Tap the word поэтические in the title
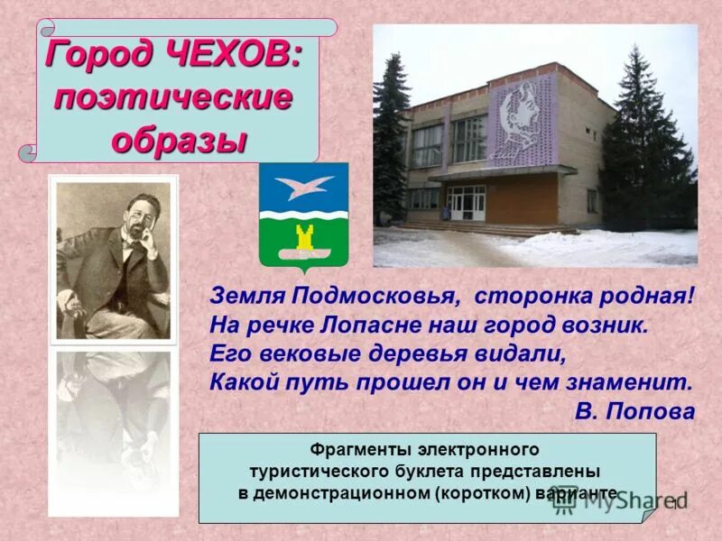173,97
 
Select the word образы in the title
179,140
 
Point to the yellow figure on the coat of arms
304,239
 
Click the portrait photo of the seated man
113,260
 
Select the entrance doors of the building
467,202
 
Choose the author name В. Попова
634,411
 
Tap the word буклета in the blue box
423,471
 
